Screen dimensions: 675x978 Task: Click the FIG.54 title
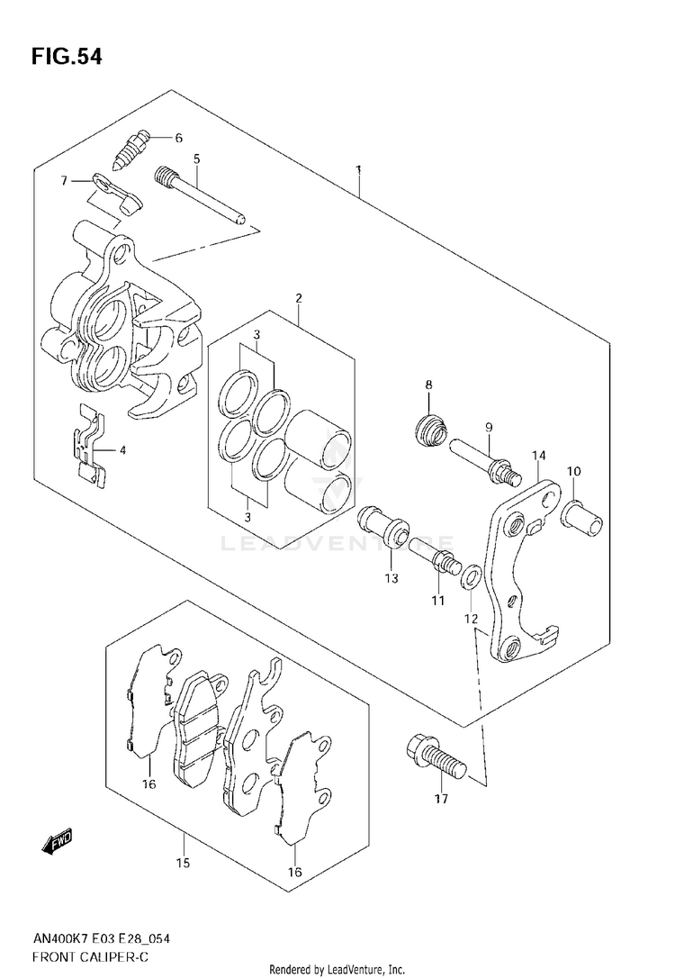(x=67, y=57)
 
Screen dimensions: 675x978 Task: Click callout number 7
(x=64, y=181)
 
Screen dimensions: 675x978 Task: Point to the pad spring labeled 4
(x=89, y=443)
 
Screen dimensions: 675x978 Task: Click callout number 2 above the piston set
(x=299, y=298)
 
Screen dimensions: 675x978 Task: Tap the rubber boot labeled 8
(x=430, y=429)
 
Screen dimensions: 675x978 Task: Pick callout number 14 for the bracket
(x=538, y=456)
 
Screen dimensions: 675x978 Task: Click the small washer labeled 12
(x=471, y=577)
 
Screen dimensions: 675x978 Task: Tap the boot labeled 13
(x=382, y=531)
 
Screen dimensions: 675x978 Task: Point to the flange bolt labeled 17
(x=436, y=757)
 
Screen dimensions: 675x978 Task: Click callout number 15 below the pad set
(x=184, y=864)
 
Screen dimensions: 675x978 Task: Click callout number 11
(x=438, y=600)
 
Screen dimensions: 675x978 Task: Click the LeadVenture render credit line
(x=337, y=969)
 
